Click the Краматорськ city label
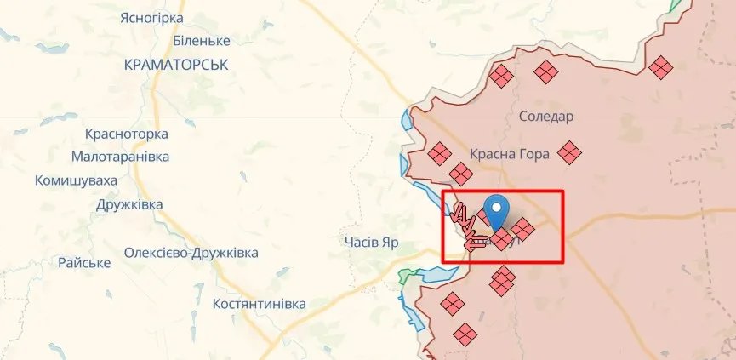[x=177, y=64]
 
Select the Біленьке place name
[x=202, y=41]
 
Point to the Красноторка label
[x=127, y=134]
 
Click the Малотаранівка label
[x=120, y=157]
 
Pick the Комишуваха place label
[x=76, y=180]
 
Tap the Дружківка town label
[x=129, y=204]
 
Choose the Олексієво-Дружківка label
[x=191, y=253]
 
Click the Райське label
[x=84, y=262]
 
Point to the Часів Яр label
[x=372, y=243]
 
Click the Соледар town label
[x=545, y=116]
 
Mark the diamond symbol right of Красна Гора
[x=569, y=153]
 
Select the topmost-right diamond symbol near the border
[x=660, y=66]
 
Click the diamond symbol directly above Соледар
[x=545, y=72]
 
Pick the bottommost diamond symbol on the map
[x=465, y=334]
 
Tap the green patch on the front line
[x=409, y=276]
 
